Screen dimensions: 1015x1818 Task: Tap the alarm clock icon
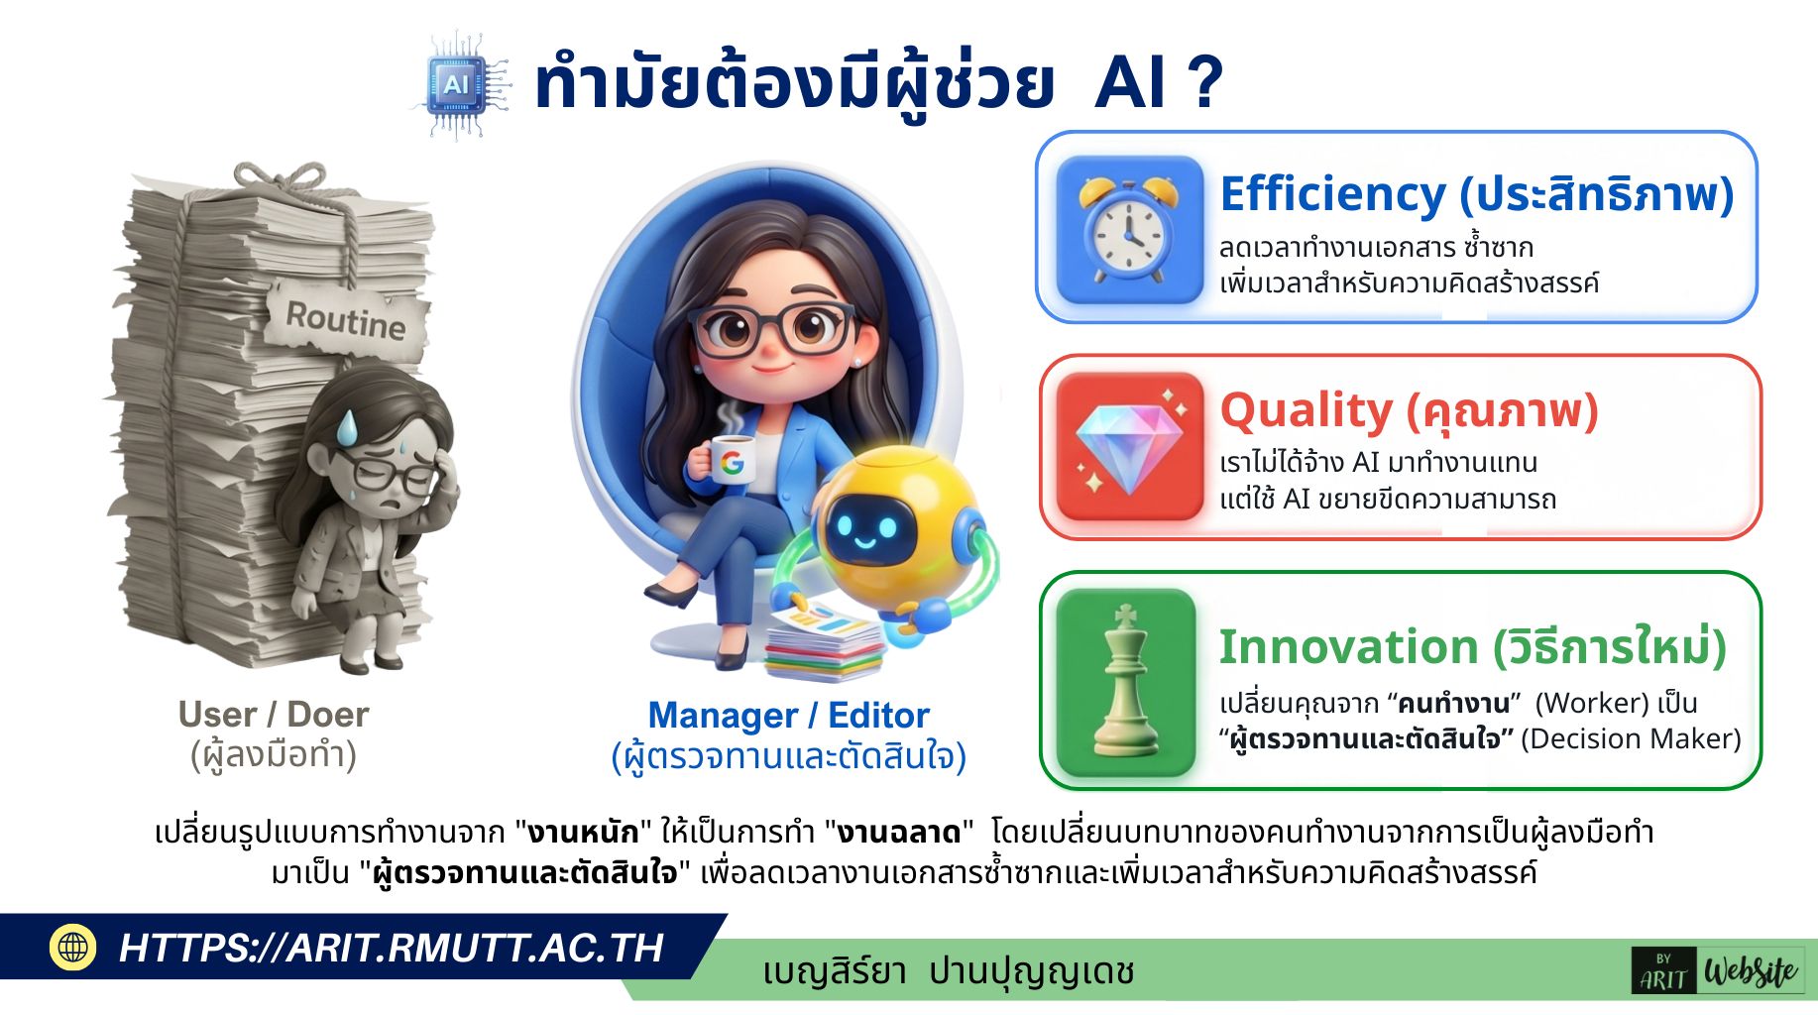(x=1128, y=229)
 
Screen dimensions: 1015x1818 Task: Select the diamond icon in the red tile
(x=1129, y=446)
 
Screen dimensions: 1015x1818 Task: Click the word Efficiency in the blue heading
(x=1332, y=194)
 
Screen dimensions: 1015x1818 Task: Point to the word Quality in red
(x=1306, y=410)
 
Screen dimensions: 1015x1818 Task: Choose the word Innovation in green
(x=1347, y=647)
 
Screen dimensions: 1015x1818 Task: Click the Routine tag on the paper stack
(x=346, y=319)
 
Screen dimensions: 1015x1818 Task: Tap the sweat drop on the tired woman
(x=348, y=427)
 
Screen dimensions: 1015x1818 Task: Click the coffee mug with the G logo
(x=730, y=460)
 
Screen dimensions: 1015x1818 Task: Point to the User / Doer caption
(x=274, y=715)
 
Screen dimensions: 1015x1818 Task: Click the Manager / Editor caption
(x=788, y=716)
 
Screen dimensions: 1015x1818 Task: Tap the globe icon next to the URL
(x=72, y=947)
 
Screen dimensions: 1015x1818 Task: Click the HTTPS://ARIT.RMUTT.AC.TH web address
(x=391, y=948)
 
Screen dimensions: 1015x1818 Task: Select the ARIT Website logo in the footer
(x=1717, y=970)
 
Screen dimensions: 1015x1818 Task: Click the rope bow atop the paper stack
(x=281, y=181)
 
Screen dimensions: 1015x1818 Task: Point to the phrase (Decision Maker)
(x=1631, y=738)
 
